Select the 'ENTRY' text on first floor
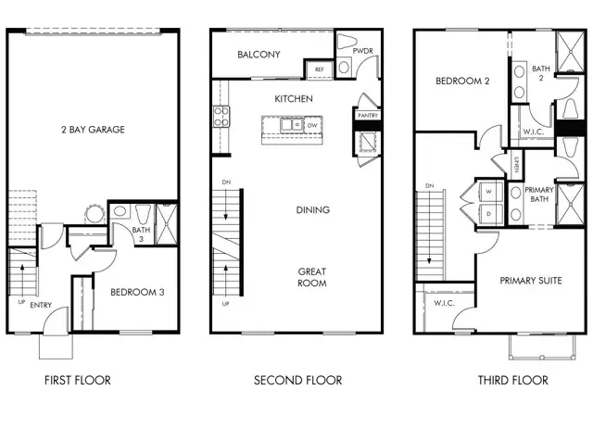click(x=41, y=305)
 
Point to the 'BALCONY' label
click(x=259, y=55)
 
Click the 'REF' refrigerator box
click(x=320, y=69)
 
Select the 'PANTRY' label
click(x=366, y=115)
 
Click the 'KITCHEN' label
click(x=294, y=98)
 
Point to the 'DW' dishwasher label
click(x=312, y=123)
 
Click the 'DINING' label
click(x=312, y=210)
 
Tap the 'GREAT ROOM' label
click(x=311, y=277)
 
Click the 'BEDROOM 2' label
click(x=462, y=81)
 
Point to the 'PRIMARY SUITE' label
click(x=532, y=280)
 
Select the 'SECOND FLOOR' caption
click(x=298, y=380)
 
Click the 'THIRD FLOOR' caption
click(x=512, y=380)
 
